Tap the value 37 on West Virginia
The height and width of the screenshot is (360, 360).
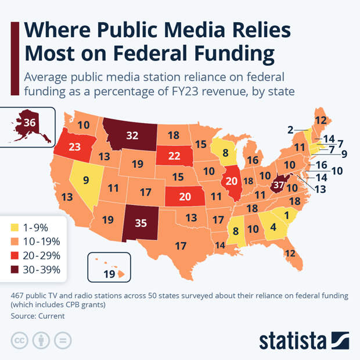coord(280,185)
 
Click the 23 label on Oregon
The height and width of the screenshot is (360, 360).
coord(74,146)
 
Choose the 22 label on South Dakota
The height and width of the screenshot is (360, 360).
coord(174,156)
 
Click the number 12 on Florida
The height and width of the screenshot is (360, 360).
coord(290,253)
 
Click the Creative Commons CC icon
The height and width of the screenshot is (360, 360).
coord(20,340)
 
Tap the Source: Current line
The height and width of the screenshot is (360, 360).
coord(37,316)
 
